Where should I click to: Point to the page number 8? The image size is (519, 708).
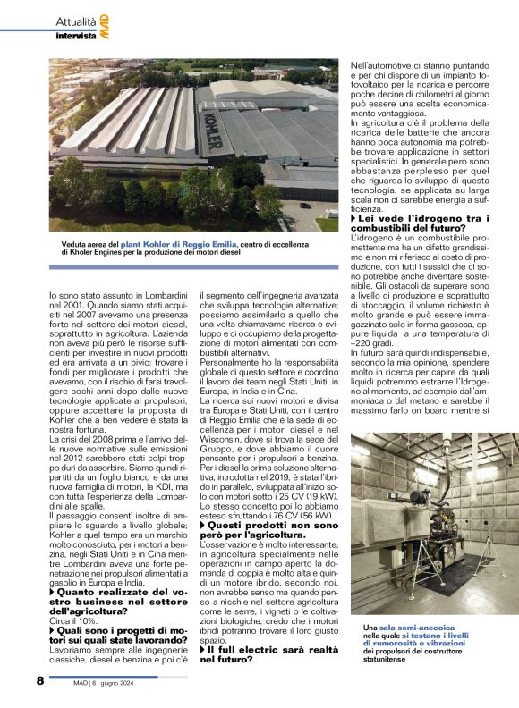(40, 681)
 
